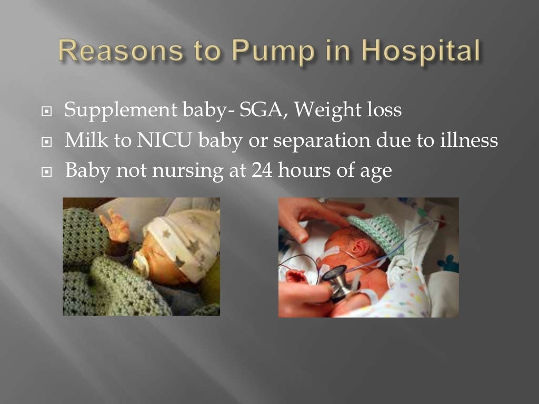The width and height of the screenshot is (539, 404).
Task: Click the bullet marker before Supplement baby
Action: pyautogui.click(x=48, y=112)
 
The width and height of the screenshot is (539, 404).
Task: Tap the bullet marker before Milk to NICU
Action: pyautogui.click(x=48, y=142)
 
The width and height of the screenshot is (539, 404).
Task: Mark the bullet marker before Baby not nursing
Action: pyautogui.click(x=48, y=171)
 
